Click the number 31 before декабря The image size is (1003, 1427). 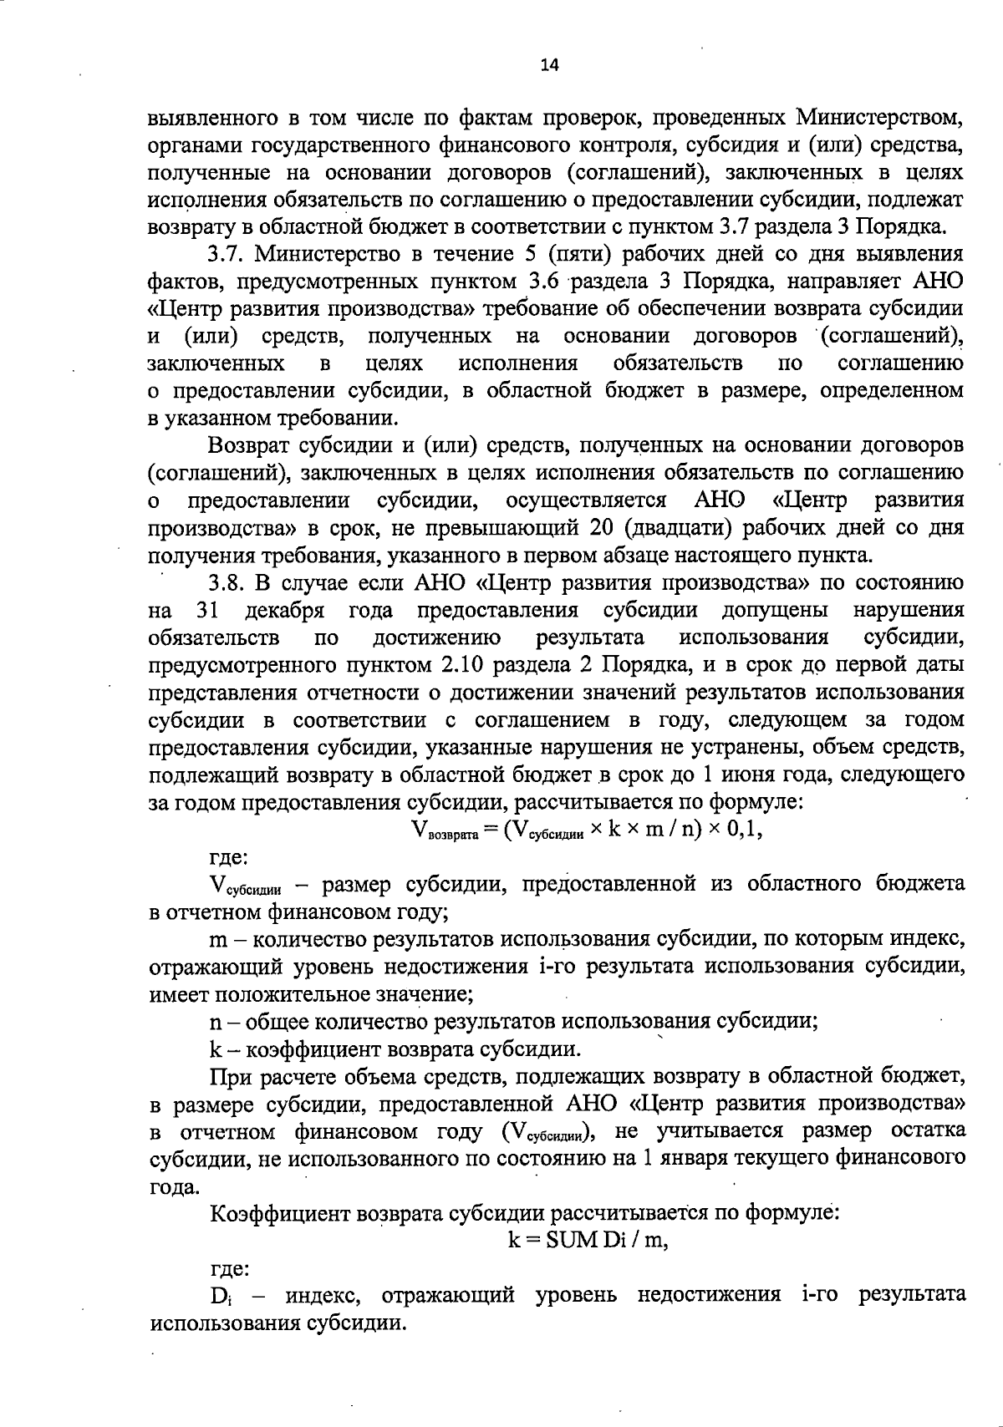(206, 610)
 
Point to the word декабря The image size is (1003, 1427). (284, 610)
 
